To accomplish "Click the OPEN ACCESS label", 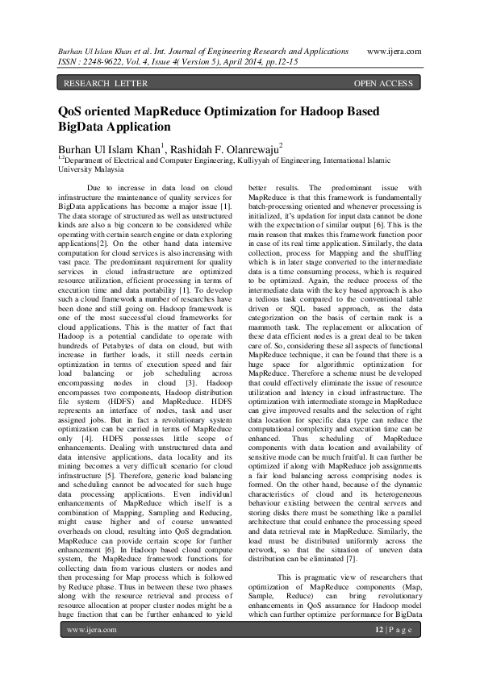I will (383, 83).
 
